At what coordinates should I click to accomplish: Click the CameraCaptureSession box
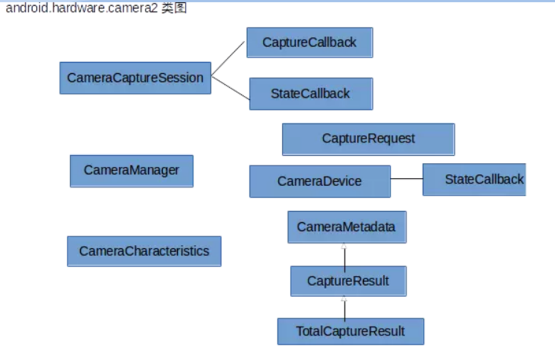(x=135, y=78)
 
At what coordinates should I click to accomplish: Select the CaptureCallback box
(x=309, y=42)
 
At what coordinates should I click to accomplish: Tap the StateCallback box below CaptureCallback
(x=310, y=94)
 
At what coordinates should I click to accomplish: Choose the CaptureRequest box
(x=368, y=139)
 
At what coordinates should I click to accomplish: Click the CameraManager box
(x=131, y=170)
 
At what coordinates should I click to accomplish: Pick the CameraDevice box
(x=320, y=181)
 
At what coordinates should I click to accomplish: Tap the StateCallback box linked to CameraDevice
(x=474, y=179)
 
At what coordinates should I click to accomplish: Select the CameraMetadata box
(x=346, y=227)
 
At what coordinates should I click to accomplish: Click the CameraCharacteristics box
(x=144, y=251)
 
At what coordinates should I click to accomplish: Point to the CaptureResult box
(x=348, y=281)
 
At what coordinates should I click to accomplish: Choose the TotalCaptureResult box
(x=350, y=332)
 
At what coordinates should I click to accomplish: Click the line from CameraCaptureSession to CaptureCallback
(x=228, y=59)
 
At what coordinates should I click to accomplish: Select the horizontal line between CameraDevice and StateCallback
(x=406, y=179)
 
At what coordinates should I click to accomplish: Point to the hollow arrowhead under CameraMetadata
(x=344, y=246)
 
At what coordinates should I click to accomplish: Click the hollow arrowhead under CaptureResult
(x=344, y=299)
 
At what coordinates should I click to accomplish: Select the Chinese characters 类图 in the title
(x=174, y=9)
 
